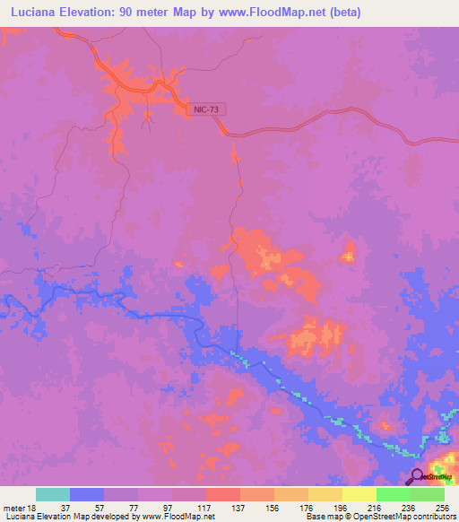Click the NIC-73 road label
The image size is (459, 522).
[206, 109]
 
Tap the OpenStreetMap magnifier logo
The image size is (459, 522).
[418, 476]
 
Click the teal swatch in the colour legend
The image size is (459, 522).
[53, 494]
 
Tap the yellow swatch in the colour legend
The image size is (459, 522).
[359, 494]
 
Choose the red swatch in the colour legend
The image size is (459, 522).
[223, 494]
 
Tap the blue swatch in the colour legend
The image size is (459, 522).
[87, 494]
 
